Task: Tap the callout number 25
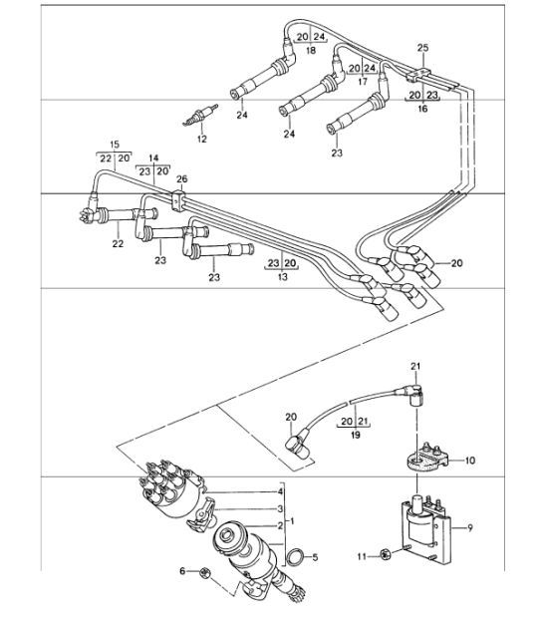click(x=422, y=48)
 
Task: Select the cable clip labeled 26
click(x=178, y=200)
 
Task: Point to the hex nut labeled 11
click(x=386, y=554)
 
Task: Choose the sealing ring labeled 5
click(x=296, y=557)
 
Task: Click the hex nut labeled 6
click(x=204, y=572)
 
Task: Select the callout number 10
click(x=470, y=461)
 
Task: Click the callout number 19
click(x=356, y=435)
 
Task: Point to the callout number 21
click(x=415, y=367)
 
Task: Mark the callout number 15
click(x=115, y=145)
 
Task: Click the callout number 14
click(x=153, y=157)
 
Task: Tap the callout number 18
click(x=311, y=50)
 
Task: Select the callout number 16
click(x=422, y=109)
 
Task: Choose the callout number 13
click(x=282, y=277)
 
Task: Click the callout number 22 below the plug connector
click(x=118, y=243)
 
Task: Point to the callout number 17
click(x=363, y=82)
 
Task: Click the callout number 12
click(x=202, y=139)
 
